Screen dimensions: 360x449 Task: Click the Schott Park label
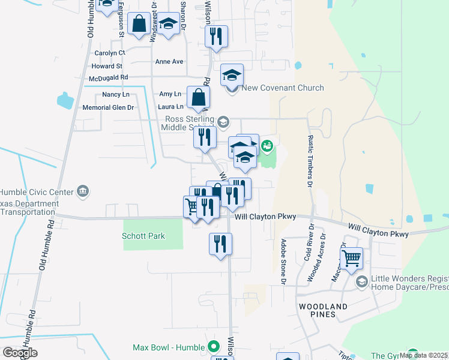144,236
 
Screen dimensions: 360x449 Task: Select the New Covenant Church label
282,88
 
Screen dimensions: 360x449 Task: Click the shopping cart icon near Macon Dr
351,259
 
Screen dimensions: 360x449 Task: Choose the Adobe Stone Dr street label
283,262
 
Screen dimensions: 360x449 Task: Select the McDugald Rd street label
108,77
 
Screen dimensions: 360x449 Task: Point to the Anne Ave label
169,62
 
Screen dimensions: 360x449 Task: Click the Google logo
20,352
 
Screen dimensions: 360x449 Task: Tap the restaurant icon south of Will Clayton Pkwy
220,243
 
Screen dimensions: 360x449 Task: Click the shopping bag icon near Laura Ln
199,97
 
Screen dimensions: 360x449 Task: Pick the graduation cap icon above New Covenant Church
232,75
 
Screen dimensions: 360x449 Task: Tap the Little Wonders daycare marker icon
362,280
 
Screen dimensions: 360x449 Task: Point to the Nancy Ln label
116,95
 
